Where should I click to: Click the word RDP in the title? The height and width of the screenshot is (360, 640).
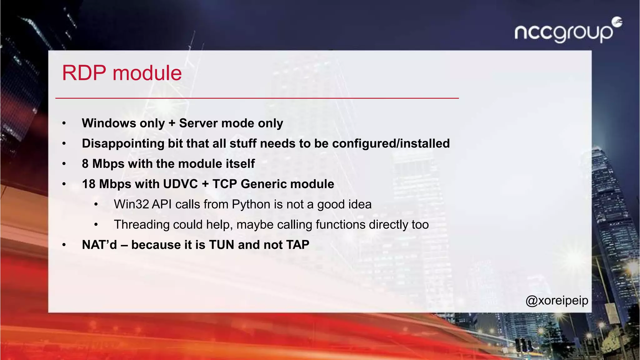(x=84, y=73)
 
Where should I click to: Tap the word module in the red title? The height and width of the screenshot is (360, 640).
(x=147, y=73)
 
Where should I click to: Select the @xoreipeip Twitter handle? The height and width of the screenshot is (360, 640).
(x=557, y=300)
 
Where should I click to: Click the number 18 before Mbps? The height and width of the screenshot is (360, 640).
(x=89, y=184)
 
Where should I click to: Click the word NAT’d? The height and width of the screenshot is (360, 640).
(x=99, y=245)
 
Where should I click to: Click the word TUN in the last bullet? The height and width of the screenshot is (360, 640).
(x=222, y=245)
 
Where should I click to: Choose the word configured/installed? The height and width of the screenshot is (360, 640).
(x=391, y=144)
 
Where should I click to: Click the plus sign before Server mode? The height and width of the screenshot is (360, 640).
(x=172, y=124)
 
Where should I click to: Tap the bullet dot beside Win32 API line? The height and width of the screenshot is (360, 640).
(x=96, y=205)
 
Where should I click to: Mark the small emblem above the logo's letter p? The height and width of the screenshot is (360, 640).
(x=617, y=22)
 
